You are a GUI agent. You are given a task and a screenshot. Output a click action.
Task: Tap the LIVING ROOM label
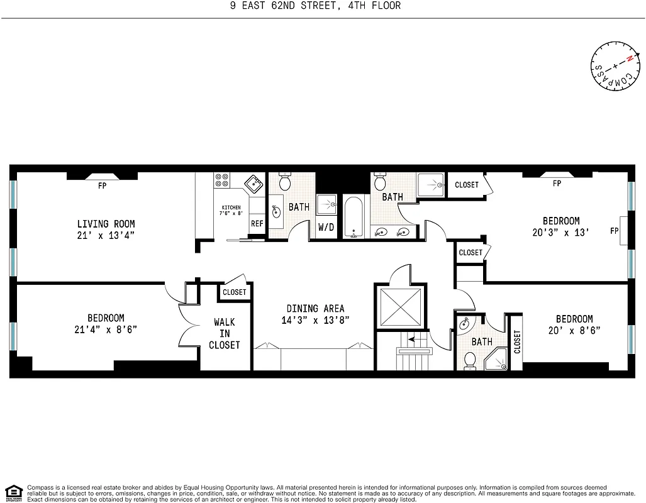tap(106, 224)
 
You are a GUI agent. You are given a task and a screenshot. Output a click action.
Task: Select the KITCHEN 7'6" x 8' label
tap(231, 211)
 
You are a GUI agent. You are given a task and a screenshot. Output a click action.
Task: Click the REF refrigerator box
tap(257, 223)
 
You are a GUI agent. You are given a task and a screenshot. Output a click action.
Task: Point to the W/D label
tap(326, 227)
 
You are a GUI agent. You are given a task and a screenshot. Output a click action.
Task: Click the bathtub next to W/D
tap(354, 218)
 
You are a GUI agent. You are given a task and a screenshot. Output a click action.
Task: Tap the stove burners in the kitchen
tap(221, 180)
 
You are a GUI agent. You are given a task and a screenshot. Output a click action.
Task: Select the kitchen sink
tap(253, 185)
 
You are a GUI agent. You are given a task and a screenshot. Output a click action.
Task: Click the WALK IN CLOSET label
tap(225, 333)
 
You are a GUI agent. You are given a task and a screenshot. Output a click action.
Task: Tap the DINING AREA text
tap(315, 308)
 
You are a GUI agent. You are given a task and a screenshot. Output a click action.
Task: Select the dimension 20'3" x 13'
tap(561, 232)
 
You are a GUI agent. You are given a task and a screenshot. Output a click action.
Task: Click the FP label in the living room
tap(102, 187)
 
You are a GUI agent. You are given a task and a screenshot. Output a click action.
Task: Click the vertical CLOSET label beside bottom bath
tap(516, 343)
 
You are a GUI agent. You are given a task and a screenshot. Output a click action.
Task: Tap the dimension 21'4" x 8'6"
tap(106, 329)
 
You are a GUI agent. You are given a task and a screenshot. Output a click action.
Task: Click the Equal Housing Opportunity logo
tap(13, 492)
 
